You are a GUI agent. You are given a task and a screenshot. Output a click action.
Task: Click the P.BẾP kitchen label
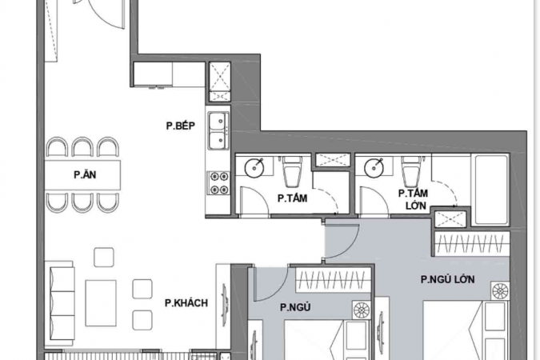(181, 126)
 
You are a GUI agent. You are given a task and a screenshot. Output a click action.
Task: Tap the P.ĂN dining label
(85, 174)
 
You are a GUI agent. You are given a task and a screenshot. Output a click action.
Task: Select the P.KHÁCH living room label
(186, 303)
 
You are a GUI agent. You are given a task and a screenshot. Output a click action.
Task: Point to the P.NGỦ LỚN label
(448, 279)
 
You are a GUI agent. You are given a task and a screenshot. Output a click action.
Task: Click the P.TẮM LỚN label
(414, 199)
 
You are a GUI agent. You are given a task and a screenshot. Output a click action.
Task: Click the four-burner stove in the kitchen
(219, 182)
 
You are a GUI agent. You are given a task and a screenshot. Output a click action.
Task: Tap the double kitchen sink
(218, 131)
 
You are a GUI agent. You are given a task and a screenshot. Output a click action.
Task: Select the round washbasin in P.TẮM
(254, 167)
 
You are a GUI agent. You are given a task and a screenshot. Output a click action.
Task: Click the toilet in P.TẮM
(292, 170)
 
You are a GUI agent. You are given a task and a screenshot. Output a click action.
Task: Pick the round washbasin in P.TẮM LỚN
(374, 168)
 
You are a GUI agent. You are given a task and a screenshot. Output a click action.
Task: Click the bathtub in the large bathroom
(491, 190)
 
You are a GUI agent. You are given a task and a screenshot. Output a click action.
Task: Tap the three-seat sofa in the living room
(62, 303)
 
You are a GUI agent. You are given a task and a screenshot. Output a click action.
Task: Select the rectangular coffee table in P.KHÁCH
(101, 303)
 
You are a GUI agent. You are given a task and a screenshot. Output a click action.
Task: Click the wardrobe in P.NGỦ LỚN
(472, 243)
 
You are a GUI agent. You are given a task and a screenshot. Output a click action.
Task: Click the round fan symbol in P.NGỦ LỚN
(500, 290)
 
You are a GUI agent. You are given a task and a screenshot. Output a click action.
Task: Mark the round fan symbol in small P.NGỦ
(362, 310)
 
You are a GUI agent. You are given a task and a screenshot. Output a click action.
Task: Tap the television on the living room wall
(225, 305)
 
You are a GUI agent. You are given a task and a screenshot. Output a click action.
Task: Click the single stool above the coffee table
(104, 257)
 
